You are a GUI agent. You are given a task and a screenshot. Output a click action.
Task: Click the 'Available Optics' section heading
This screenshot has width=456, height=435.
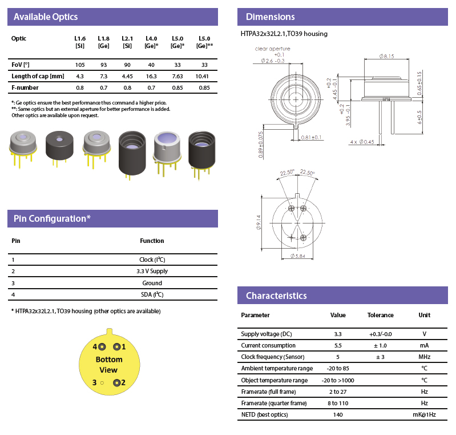[45, 17]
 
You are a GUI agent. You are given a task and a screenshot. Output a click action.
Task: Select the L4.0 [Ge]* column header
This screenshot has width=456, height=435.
[151, 42]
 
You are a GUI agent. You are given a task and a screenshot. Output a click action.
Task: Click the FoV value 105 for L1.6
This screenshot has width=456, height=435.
[80, 65]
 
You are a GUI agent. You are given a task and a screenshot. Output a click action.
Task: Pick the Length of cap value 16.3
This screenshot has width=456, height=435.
[151, 76]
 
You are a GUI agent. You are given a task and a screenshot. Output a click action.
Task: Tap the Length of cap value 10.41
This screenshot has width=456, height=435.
[204, 76]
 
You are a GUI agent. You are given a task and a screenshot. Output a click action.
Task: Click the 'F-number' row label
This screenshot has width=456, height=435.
[25, 87]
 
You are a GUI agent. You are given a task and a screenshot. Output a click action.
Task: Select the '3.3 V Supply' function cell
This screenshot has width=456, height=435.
[152, 271]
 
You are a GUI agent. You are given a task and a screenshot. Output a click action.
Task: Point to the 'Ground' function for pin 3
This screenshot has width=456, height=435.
[152, 283]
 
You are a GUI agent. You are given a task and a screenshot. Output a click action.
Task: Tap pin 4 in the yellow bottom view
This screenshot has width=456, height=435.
[103, 347]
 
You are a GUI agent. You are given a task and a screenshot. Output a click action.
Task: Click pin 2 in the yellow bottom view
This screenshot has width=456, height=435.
[116, 382]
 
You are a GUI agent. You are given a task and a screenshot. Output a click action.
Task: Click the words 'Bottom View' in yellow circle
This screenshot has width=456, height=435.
[109, 365]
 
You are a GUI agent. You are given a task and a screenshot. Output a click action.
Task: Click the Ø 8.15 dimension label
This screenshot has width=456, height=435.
[386, 56]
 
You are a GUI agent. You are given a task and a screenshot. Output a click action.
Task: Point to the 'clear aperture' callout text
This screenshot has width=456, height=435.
[273, 49]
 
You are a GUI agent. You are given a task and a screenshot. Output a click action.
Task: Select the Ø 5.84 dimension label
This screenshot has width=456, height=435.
[298, 256]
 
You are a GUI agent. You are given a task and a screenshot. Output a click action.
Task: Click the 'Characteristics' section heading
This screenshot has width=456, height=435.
[276, 296]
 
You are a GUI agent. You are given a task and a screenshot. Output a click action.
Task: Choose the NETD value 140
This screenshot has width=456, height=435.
[338, 414]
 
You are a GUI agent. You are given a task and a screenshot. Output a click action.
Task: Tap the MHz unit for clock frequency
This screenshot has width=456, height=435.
[424, 357]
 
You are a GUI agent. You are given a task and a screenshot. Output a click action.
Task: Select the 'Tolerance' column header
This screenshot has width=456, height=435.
[380, 315]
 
